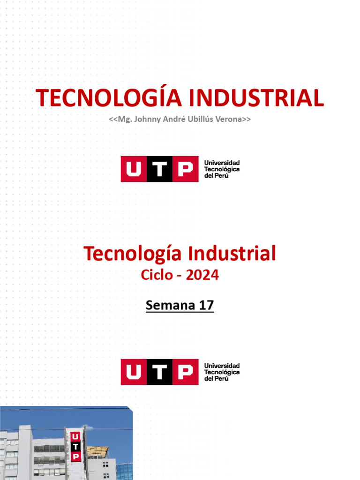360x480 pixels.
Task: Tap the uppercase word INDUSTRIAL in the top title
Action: [x=256, y=97]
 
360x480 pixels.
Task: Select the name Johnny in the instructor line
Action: [x=145, y=119]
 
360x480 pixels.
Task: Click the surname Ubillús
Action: [x=197, y=119]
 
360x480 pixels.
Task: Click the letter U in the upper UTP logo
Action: [x=134, y=169]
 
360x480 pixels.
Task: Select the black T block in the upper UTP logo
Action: [x=160, y=169]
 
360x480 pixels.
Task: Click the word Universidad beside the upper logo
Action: [x=222, y=162]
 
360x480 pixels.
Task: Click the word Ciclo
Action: [x=157, y=275]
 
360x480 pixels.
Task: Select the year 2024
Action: [x=202, y=275]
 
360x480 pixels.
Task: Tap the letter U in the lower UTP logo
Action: [x=134, y=372]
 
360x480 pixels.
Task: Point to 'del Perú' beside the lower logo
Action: [x=217, y=379]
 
